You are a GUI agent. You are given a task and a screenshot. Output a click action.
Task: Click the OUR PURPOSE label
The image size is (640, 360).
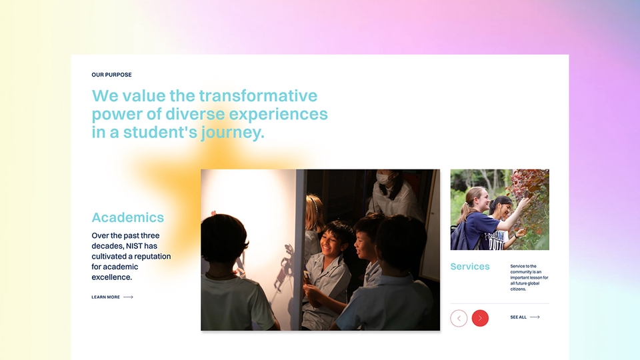point(111,75)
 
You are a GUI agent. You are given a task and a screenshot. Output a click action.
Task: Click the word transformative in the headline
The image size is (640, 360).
point(258,96)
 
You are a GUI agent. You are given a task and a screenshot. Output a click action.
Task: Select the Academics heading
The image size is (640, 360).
point(128,217)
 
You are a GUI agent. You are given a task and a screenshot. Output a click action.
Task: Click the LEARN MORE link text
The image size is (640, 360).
point(106,297)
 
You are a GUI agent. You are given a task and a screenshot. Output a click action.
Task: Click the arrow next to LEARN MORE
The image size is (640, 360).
point(128,297)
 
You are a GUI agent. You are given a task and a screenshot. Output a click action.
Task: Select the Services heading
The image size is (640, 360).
point(470,267)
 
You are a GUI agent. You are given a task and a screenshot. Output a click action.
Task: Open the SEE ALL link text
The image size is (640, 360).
point(519,317)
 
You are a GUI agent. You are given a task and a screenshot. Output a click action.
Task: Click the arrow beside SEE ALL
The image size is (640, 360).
point(535,317)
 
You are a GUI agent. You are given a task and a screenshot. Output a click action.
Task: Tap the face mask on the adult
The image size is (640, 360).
point(384,179)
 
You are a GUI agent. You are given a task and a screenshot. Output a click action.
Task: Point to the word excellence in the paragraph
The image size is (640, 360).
point(111,277)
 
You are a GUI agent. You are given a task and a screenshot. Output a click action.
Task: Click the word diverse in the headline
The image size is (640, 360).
point(195,114)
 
